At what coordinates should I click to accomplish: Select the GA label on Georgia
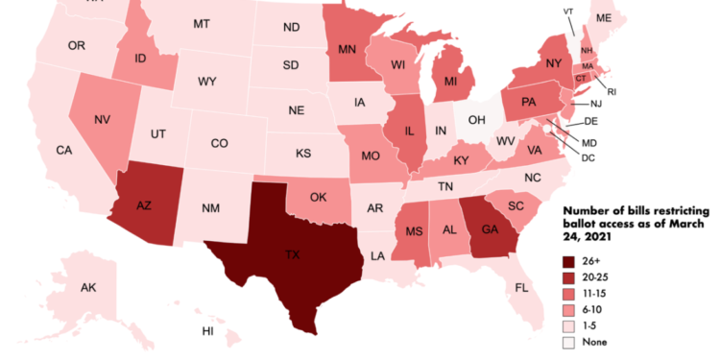pos(489,229)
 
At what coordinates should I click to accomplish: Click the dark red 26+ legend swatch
pos(568,259)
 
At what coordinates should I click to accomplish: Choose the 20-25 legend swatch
pos(568,276)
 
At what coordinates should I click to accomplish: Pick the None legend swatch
pos(568,341)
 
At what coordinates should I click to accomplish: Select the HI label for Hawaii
pos(207,331)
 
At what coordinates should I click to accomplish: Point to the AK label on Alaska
pos(88,288)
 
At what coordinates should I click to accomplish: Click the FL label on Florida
pos(522,288)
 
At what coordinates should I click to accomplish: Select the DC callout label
pos(588,156)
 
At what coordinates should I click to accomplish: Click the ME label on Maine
pos(631,18)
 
